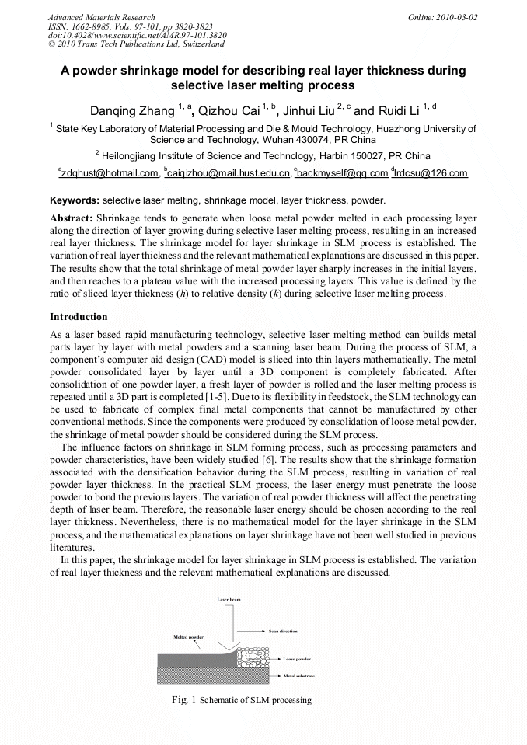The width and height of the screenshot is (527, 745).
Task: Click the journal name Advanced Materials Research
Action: [102, 17]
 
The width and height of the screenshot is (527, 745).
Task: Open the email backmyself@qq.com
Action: [343, 173]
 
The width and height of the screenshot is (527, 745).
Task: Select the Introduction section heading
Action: [79, 317]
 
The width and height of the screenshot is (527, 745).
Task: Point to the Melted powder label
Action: [187, 637]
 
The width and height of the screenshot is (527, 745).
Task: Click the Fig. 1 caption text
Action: [241, 700]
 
